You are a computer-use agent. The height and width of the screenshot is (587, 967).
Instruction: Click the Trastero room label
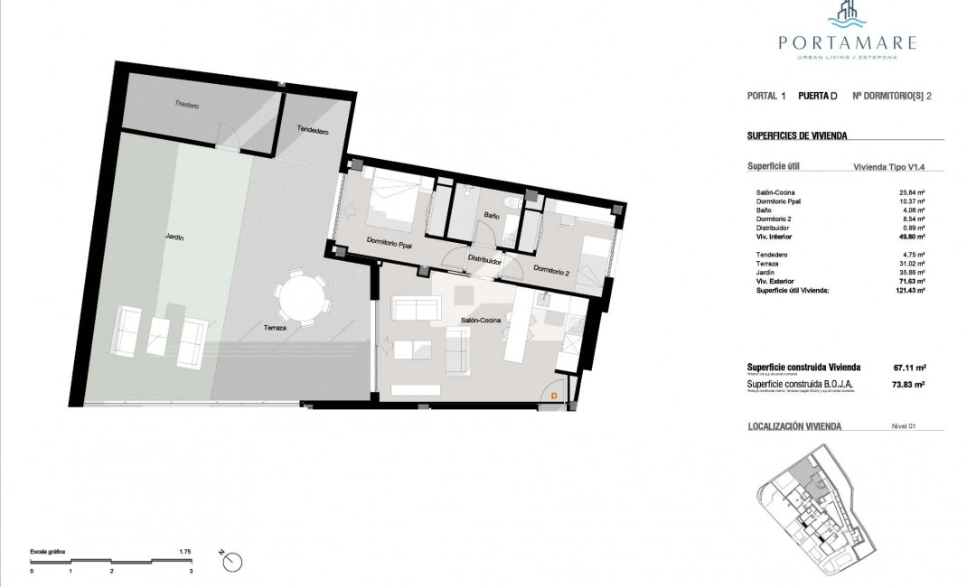point(187,106)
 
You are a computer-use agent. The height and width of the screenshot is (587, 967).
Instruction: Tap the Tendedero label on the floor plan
point(312,132)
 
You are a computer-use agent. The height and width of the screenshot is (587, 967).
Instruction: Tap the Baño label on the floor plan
point(492,216)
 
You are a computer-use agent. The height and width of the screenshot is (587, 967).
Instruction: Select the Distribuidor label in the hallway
point(484,260)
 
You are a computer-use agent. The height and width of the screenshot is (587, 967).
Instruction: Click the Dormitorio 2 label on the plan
point(551,269)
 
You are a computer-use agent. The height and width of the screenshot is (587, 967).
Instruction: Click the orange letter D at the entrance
point(553,395)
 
